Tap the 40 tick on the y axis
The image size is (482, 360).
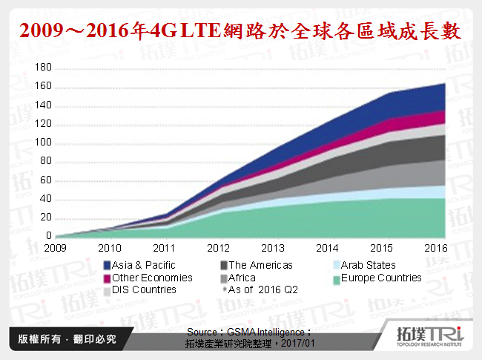click(x=45, y=199)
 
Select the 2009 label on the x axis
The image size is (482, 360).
click(x=56, y=248)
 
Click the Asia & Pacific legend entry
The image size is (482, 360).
click(x=144, y=265)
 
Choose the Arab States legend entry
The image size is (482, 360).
click(x=368, y=265)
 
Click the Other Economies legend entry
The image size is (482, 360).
click(x=152, y=278)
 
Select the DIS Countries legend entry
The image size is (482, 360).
click(x=145, y=289)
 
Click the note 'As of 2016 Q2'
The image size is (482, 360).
click(x=263, y=289)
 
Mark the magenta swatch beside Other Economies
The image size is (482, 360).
click(x=107, y=278)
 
